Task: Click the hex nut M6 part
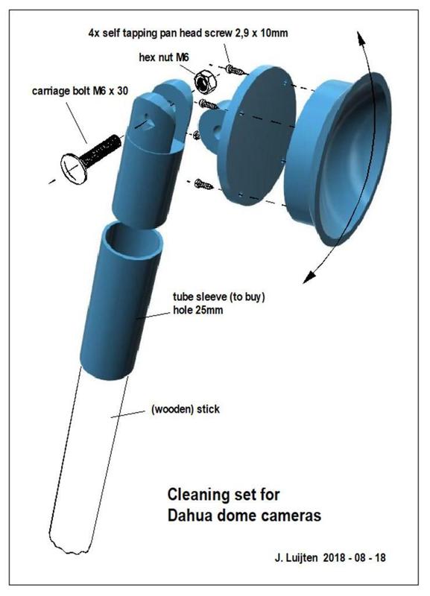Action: tap(205, 82)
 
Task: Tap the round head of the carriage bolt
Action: tap(74, 169)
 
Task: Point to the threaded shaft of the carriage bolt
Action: tap(101, 150)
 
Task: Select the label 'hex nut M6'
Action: tap(164, 57)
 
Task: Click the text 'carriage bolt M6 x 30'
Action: tap(80, 91)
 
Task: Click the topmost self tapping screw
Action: tap(236, 70)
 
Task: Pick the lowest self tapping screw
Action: tap(204, 185)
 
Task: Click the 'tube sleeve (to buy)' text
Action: tap(218, 297)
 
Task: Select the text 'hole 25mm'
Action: tap(197, 310)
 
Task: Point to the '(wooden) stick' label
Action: tap(186, 409)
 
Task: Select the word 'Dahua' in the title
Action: tap(190, 516)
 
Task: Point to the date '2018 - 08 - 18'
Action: tap(354, 557)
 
